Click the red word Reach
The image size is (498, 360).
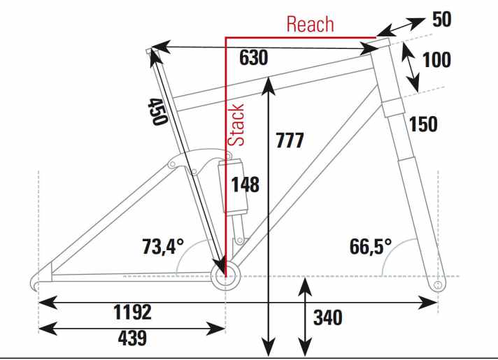[x=310, y=24]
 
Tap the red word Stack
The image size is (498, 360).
[x=236, y=124]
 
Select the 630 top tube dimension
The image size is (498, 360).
[x=253, y=58]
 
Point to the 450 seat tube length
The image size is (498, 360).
[x=157, y=111]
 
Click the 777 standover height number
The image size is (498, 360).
[x=290, y=141]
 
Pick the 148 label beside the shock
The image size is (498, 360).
[x=246, y=185]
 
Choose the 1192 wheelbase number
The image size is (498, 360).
[x=132, y=312]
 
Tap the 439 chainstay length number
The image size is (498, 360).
[x=132, y=338]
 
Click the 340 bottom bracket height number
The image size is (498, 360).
[x=328, y=318]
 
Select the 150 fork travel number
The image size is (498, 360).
[x=423, y=124]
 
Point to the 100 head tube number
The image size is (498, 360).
[x=436, y=60]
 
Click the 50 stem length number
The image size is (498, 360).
[x=442, y=20]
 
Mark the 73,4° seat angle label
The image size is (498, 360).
[x=163, y=246]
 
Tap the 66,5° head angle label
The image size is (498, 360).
[x=371, y=246]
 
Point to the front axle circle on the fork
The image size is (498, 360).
[x=438, y=285]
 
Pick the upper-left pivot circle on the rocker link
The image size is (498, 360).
[x=172, y=164]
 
